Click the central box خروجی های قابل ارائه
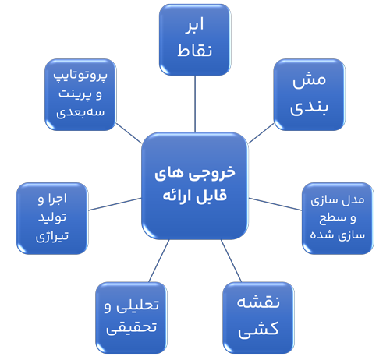[195, 186]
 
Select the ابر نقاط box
[195, 40]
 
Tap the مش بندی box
[310, 94]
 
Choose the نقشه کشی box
[258, 318]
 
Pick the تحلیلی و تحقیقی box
[131, 318]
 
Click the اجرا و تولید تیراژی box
[52, 218]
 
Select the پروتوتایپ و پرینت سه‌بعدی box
[80, 94]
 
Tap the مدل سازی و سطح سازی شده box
[338, 218]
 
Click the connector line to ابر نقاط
[195, 104]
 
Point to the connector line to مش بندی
[261, 133]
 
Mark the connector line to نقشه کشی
[232, 261]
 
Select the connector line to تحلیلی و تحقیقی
[159, 261]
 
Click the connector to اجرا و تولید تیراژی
[115, 204]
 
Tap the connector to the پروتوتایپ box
[129, 133]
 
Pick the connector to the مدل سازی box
[275, 204]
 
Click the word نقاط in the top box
[195, 50]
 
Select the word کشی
[258, 329]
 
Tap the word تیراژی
[52, 236]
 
